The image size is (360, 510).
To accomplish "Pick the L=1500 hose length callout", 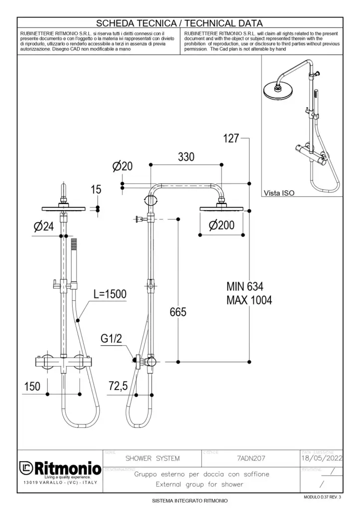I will [110, 294].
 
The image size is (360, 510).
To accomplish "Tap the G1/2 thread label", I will [112, 339].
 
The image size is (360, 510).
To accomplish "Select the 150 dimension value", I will [32, 386].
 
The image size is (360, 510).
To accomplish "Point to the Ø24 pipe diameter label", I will [44, 227].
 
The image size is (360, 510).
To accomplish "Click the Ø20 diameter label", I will [122, 167].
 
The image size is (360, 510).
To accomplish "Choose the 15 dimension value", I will [96, 189].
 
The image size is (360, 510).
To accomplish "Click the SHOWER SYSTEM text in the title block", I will [152, 458].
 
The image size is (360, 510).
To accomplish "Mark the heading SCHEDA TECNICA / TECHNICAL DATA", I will [180, 23].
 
